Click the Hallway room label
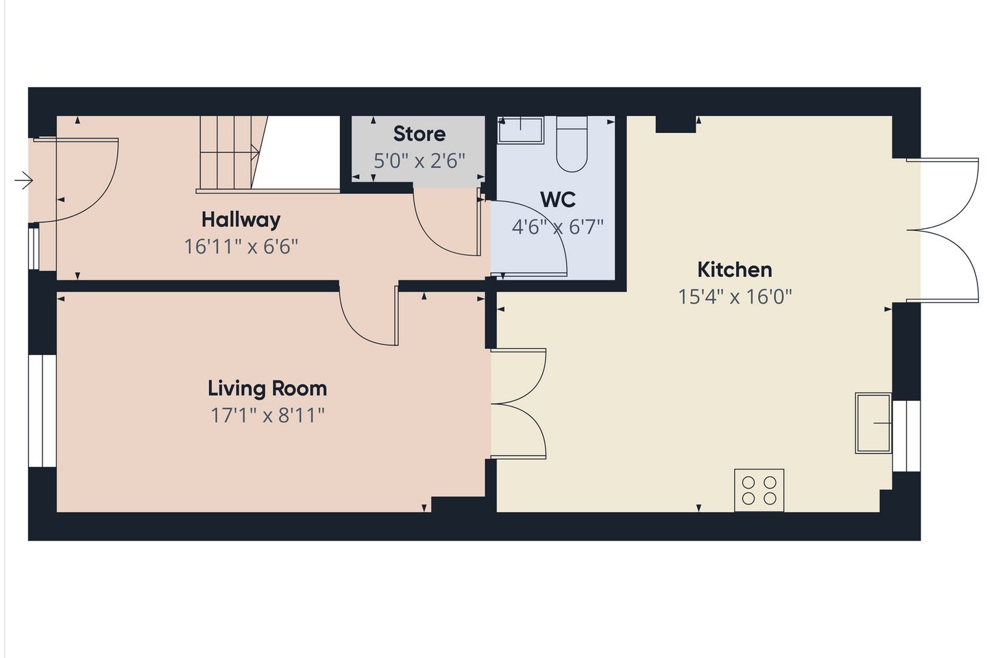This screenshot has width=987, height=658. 241,220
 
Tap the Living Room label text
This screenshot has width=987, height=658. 267,388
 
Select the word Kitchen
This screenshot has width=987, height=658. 735,270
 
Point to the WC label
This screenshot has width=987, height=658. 557,199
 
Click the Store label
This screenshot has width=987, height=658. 419,134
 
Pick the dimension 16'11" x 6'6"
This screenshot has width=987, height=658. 241,247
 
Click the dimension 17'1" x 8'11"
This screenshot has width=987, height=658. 267,415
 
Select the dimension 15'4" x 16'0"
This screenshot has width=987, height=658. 735,297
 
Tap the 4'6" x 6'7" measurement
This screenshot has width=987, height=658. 557,228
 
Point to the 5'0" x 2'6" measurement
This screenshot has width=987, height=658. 419,161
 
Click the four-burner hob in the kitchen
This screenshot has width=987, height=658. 759,490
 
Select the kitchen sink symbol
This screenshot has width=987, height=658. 873,423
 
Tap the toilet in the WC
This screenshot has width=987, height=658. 572,144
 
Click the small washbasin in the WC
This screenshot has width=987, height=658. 520,130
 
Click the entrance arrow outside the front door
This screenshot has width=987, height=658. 23,180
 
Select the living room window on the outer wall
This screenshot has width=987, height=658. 42,411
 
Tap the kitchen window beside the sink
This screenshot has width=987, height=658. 906,436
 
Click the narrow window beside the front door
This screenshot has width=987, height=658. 34,248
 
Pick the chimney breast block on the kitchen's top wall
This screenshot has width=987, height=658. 676,124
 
